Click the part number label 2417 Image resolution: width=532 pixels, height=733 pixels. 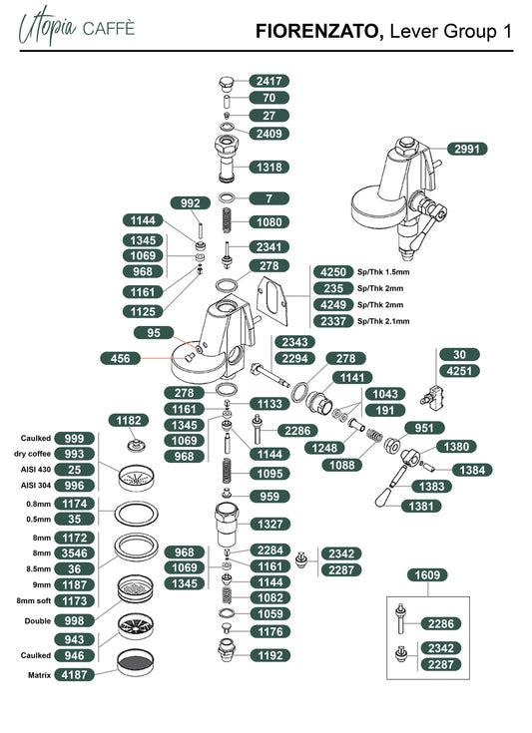pos(269,81)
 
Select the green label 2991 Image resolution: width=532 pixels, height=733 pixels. pos(467,150)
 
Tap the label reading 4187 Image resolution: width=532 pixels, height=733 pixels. pos(75,674)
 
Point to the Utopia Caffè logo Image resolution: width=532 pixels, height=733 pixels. pos(77,26)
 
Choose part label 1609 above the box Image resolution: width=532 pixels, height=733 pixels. pos(427,575)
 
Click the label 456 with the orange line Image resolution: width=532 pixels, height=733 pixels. pos(120,359)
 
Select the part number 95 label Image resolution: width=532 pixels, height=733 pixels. pos(154,333)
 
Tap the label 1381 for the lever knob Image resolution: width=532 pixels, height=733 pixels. pos(421,506)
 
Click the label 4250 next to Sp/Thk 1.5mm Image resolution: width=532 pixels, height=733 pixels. pos(333,272)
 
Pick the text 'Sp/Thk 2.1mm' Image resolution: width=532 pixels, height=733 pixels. pos(383,321)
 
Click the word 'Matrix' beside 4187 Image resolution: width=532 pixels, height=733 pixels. pos(39,675)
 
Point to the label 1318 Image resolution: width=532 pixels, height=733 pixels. pos(269,167)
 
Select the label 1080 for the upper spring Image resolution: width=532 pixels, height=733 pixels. pos(269,222)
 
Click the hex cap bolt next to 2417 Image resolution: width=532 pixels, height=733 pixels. pos(227,83)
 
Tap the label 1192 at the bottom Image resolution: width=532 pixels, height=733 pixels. pos(269,655)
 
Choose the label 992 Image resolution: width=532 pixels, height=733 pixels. pos(190,203)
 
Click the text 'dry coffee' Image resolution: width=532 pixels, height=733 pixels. pos(32,454)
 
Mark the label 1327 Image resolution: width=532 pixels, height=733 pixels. pos(269,524)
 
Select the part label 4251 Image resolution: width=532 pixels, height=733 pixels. pos(459,371)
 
